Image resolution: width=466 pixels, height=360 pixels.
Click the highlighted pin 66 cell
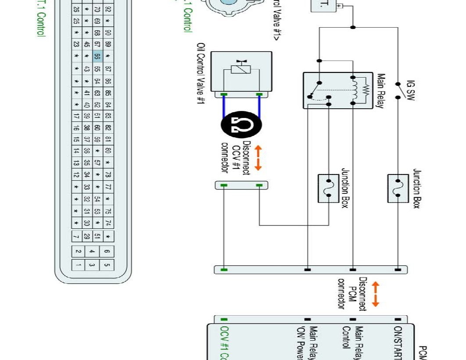(97, 56)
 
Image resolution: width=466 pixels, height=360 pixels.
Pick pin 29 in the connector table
(87, 236)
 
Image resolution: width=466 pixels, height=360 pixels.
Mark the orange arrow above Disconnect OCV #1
(258, 158)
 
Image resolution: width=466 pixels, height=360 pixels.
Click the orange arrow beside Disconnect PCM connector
(376, 294)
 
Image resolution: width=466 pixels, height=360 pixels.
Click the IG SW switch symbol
(398, 90)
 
